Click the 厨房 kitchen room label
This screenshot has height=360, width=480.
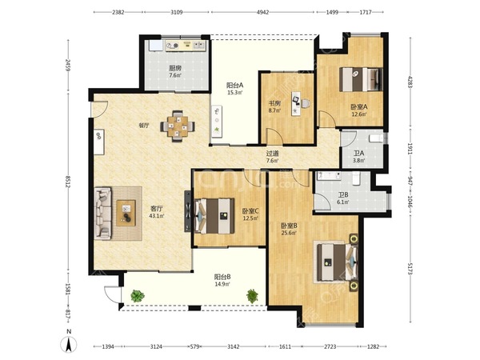point(175,68)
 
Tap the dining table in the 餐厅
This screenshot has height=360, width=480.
point(178,126)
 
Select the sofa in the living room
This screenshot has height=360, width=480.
point(102,213)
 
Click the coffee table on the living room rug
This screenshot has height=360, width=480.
point(126,213)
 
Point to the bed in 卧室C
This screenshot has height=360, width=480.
point(214,216)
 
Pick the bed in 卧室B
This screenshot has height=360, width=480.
point(338,262)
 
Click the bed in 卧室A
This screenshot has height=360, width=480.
point(362,79)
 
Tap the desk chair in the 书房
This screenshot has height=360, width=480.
point(306,103)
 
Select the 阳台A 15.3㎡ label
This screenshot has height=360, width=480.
point(234,89)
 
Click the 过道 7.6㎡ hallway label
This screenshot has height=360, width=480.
point(272,157)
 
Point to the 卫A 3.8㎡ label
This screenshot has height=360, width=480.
point(358,156)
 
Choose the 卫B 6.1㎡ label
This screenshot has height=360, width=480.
point(343,198)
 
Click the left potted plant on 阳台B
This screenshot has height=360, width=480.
point(138,296)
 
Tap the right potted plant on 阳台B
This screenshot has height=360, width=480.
point(252,296)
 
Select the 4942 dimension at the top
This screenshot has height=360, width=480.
point(262,12)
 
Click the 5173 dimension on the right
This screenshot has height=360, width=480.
point(410,268)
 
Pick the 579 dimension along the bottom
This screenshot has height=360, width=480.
point(195,346)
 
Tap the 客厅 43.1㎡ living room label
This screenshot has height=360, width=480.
point(156,212)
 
